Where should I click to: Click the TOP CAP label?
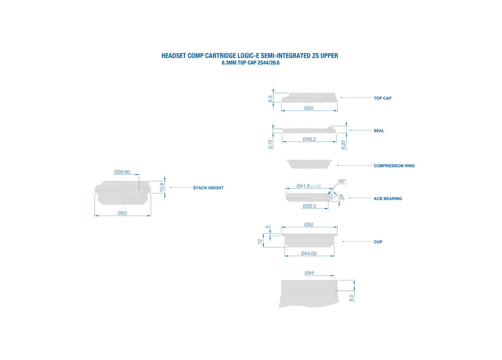pos(382,98)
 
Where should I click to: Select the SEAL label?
pos(379,131)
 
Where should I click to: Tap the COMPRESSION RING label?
pos(394,166)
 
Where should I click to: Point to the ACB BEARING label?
pos(388,199)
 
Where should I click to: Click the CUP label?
pos(378,242)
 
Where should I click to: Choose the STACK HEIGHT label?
pos(208,188)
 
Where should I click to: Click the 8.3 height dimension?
pos(270,99)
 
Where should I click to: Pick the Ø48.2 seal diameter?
pos(309,139)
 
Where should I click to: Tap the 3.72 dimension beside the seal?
pos(271,144)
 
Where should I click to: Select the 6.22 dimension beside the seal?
pos(343,145)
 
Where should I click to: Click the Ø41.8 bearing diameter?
pos(303,186)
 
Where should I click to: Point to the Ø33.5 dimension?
pos(309,206)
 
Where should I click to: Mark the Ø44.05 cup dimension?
pos(309,254)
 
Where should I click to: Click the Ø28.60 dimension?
pos(122,172)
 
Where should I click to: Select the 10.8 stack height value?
pos(162,187)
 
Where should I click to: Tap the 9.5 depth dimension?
pos(351,298)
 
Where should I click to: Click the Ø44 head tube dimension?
pos(309,273)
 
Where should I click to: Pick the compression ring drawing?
pos(309,164)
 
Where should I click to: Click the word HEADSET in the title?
pos(174,56)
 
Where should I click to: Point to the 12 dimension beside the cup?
pos(260,242)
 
